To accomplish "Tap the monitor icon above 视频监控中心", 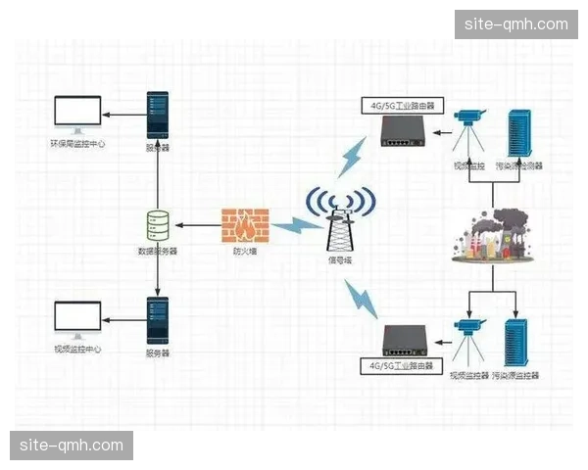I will click(78, 319).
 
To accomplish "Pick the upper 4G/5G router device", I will click(404, 130).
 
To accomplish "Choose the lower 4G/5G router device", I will click(406, 339).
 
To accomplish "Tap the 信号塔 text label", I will click(339, 261).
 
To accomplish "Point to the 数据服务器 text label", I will click(157, 252).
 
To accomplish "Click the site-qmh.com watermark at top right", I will click(516, 24).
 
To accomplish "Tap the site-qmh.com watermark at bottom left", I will click(72, 446).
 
